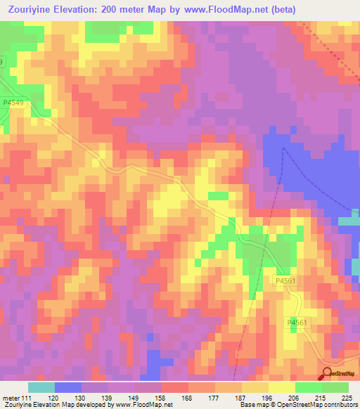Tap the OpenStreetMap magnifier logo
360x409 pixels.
coord(326,373)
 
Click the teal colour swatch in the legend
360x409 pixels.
coord(41,387)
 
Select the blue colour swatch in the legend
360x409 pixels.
coord(67,387)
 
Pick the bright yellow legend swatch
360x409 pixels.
coord(282,387)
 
